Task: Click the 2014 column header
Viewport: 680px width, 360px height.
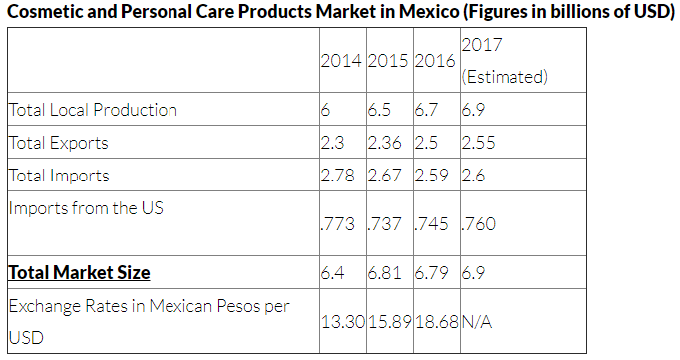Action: [341, 61]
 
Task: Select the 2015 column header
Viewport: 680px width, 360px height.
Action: [388, 61]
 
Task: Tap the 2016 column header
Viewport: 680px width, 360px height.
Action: [435, 61]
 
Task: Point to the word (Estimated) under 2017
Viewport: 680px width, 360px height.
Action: [505, 77]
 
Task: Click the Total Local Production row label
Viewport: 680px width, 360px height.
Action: [93, 110]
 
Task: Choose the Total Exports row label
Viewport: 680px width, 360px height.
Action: [58, 143]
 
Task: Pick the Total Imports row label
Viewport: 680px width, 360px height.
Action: [59, 176]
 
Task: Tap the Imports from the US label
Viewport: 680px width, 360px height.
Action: [86, 208]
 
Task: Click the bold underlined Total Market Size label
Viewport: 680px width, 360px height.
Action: [80, 273]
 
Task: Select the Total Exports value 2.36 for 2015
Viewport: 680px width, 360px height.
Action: [384, 143]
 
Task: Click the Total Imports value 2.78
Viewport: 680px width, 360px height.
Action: [337, 176]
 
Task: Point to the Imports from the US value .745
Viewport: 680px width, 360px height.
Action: [431, 224]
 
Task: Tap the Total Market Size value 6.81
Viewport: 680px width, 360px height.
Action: [384, 273]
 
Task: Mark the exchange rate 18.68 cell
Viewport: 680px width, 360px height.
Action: [437, 322]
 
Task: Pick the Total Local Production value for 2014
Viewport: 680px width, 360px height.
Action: [325, 110]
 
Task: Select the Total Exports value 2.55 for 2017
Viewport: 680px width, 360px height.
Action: [478, 143]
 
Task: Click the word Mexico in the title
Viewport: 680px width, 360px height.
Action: [428, 11]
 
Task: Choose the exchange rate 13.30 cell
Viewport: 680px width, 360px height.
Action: [343, 322]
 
